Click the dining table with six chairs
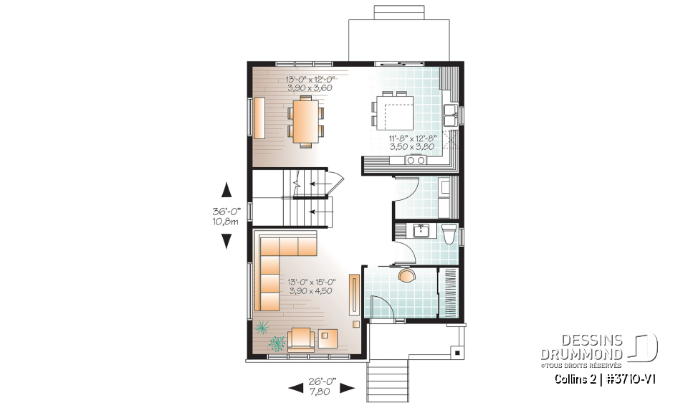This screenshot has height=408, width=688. point(305,122)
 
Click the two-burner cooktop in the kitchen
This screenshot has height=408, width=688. point(416,161)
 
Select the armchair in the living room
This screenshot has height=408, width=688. point(301,338)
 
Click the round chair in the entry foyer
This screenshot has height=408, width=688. point(406,275)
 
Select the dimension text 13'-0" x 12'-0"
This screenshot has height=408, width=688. point(311,79)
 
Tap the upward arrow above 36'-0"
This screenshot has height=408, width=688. point(226,190)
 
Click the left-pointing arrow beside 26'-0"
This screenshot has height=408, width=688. point(295,388)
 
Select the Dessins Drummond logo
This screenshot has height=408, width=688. point(599,348)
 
